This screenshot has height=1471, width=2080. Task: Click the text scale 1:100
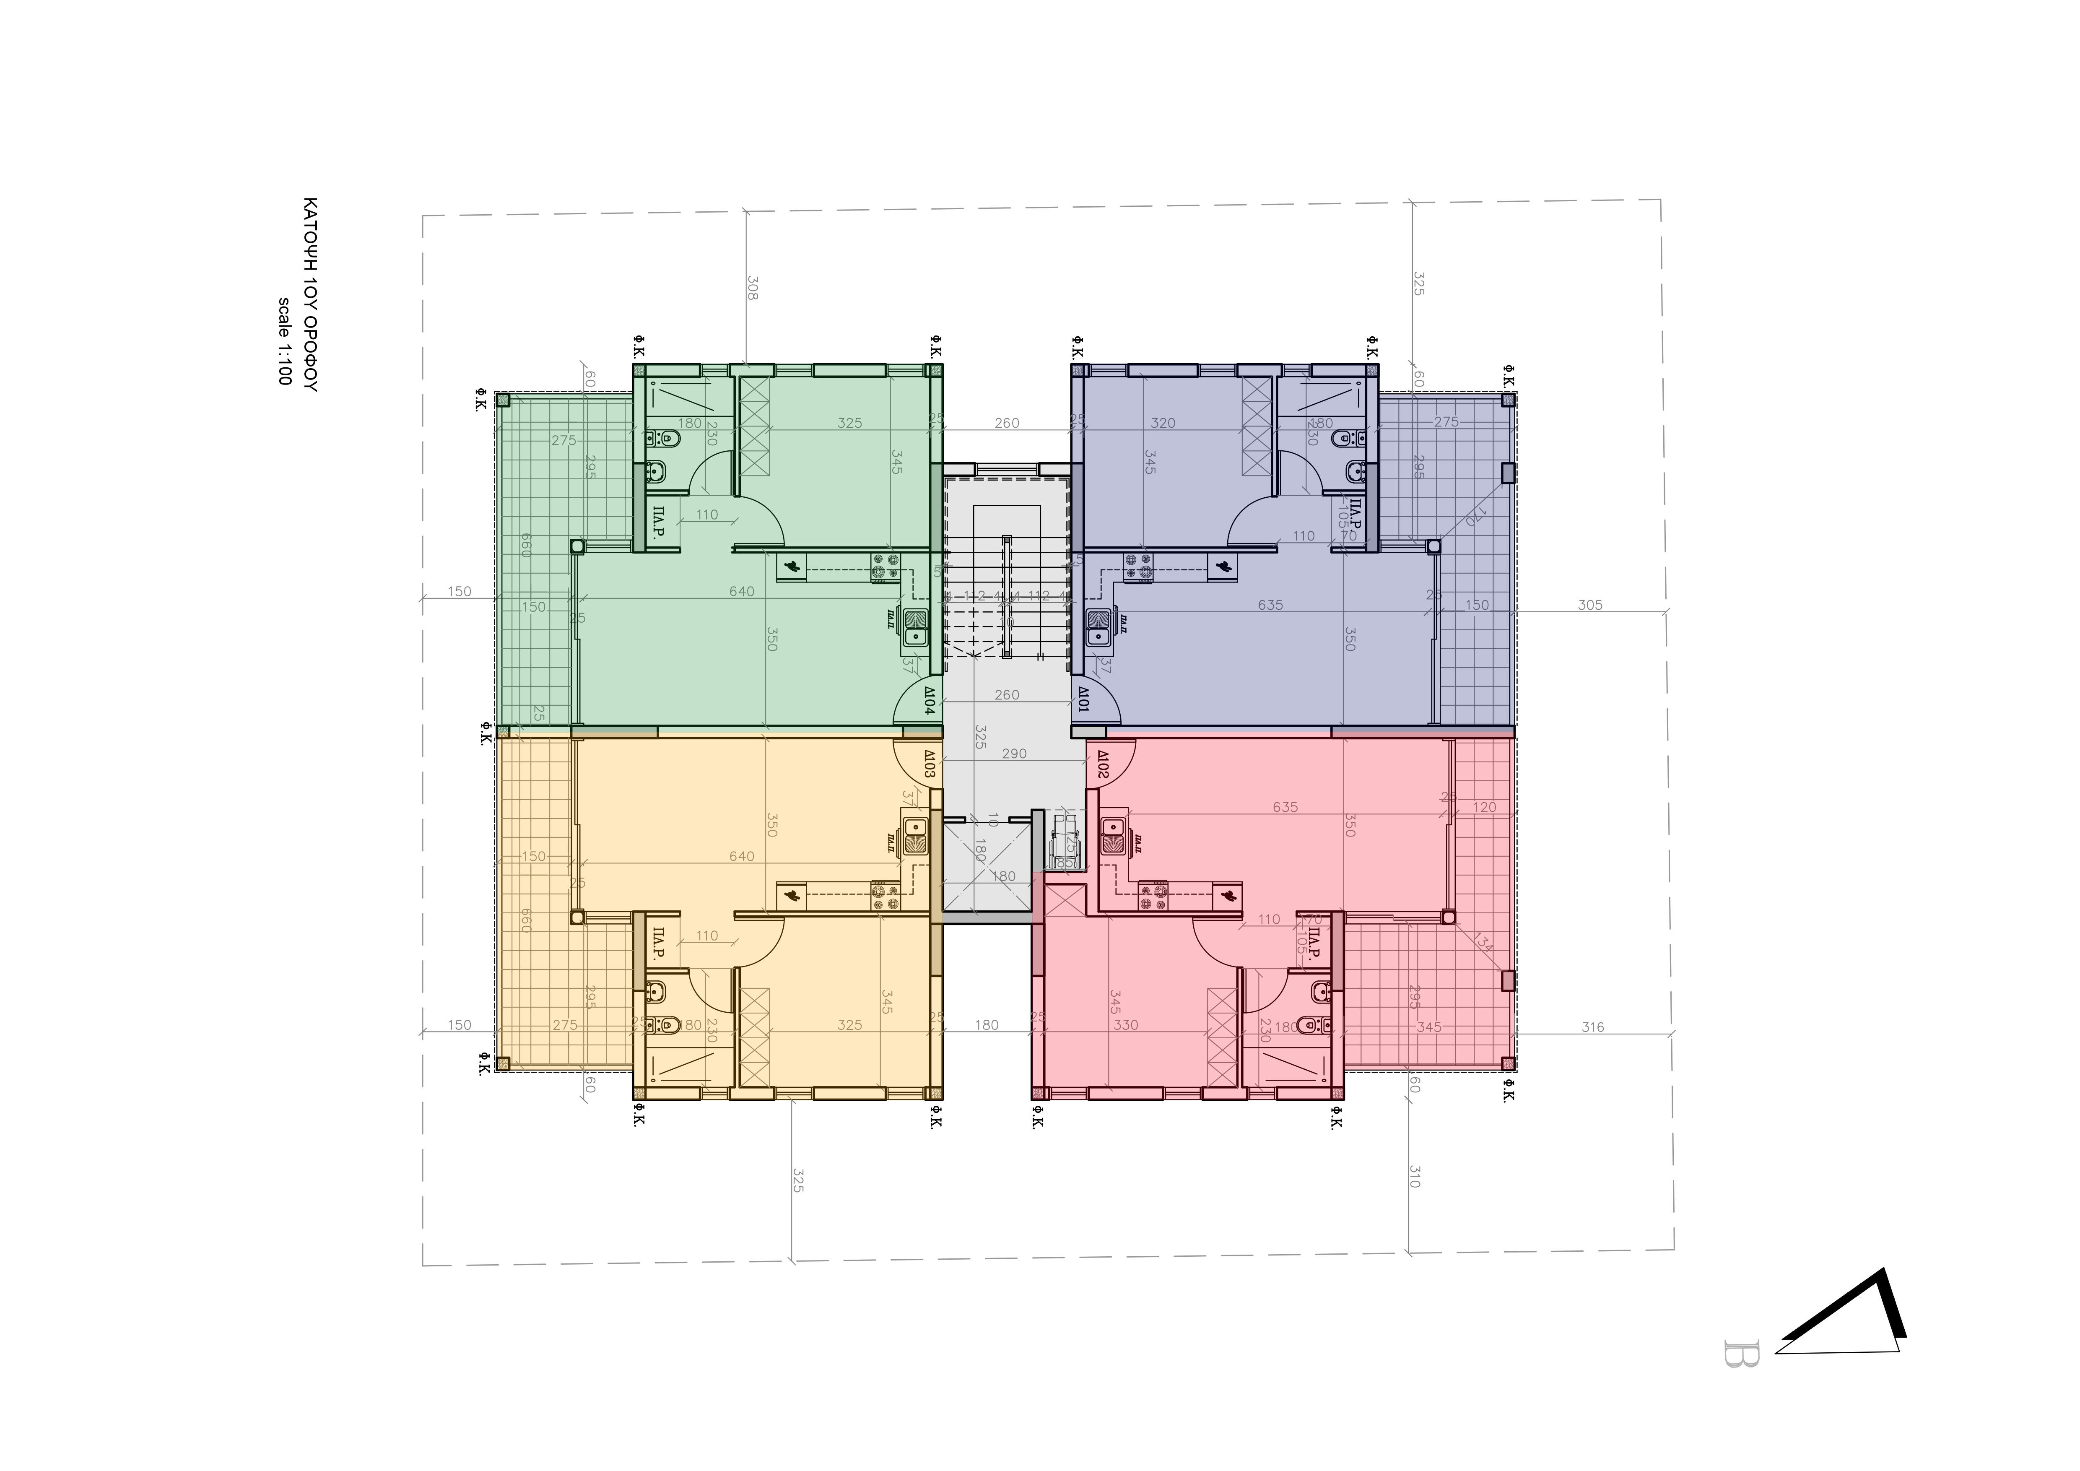(283, 341)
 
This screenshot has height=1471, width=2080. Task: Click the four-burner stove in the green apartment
(885, 567)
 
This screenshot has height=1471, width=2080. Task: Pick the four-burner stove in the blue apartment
(1136, 567)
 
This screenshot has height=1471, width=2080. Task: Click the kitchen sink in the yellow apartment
(914, 835)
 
